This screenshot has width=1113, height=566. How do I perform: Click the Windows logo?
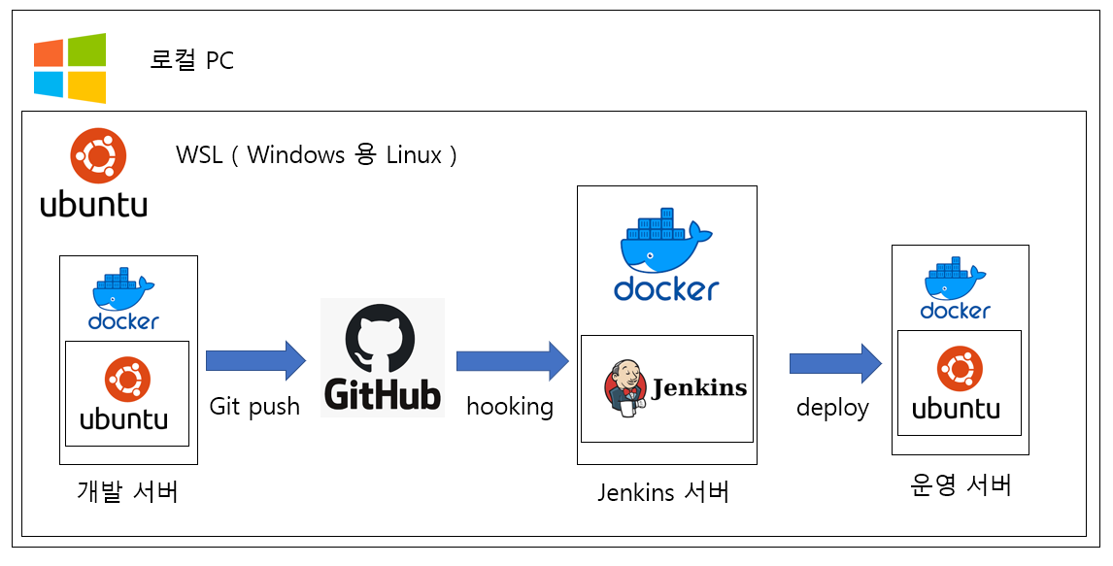[x=70, y=68]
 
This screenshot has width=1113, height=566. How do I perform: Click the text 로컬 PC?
[x=191, y=60]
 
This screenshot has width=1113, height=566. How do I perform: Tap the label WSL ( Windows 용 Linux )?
[x=317, y=154]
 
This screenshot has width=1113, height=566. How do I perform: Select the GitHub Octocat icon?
[x=382, y=338]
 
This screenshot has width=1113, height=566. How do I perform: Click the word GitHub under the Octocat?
[x=383, y=393]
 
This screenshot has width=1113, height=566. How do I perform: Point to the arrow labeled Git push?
[x=255, y=360]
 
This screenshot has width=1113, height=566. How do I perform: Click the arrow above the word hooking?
[x=513, y=360]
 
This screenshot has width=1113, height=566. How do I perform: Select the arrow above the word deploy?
[x=835, y=363]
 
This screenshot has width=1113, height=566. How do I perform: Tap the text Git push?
[x=254, y=407]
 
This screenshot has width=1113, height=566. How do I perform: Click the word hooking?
[x=510, y=407]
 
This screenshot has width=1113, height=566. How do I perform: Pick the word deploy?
[x=832, y=408]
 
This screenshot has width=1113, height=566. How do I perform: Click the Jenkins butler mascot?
[x=624, y=388]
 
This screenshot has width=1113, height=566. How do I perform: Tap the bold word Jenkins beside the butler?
[x=699, y=388]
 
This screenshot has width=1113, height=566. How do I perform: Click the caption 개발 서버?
[x=128, y=491]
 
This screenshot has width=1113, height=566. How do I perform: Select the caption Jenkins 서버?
[x=663, y=491]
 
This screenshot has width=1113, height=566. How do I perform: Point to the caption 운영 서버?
[x=960, y=485]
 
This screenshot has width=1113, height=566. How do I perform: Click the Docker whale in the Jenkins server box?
[x=666, y=241]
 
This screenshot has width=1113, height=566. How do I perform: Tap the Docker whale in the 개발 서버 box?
[x=123, y=288]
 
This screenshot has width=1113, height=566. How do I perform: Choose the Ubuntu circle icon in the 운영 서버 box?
[x=960, y=369]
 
